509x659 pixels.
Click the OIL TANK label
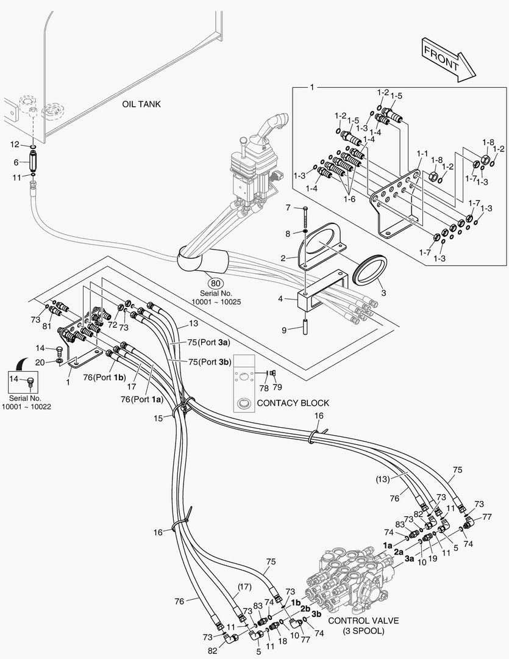(141, 104)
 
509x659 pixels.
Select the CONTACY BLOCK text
(293, 403)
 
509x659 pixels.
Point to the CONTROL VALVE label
(363, 621)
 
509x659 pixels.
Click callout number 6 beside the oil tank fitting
(16, 162)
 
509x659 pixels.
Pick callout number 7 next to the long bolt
(288, 208)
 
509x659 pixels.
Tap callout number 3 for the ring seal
(384, 292)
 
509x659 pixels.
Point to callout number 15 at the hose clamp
(158, 418)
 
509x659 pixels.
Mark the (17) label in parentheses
(244, 587)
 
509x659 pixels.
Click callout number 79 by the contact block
(278, 387)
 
